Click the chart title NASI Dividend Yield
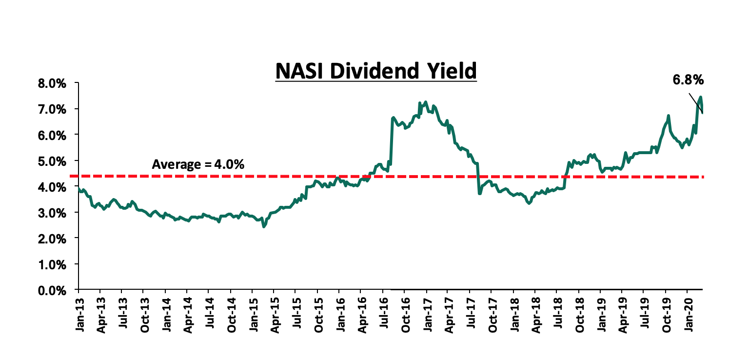click(375, 71)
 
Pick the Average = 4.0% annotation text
click(198, 165)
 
